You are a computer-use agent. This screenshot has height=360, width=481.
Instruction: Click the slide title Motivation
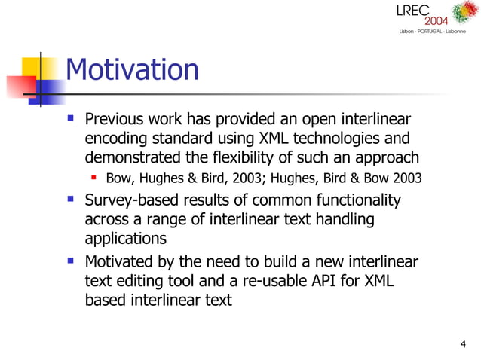pos(133,70)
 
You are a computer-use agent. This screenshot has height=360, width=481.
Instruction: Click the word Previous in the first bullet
pos(114,120)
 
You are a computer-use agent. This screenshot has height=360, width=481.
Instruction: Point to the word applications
pos(125,238)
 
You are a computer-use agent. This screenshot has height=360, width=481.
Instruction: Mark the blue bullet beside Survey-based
pos(71,200)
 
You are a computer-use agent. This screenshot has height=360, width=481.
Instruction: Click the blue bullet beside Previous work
pos(71,119)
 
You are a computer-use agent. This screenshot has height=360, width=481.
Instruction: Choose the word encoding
pos(115,139)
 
